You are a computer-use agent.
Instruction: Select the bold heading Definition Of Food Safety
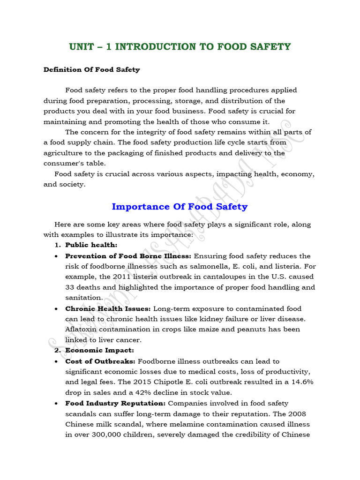point(91,69)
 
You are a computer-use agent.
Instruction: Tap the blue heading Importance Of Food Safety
point(180,206)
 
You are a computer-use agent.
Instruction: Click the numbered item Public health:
point(91,245)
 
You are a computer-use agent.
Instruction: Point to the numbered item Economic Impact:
point(99,350)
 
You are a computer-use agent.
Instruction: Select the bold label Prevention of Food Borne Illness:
point(128,256)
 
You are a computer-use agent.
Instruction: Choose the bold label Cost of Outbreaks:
point(100,361)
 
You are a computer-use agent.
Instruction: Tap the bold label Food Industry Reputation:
point(115,403)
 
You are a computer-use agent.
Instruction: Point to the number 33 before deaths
point(71,287)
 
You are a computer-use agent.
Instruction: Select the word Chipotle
point(172,382)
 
